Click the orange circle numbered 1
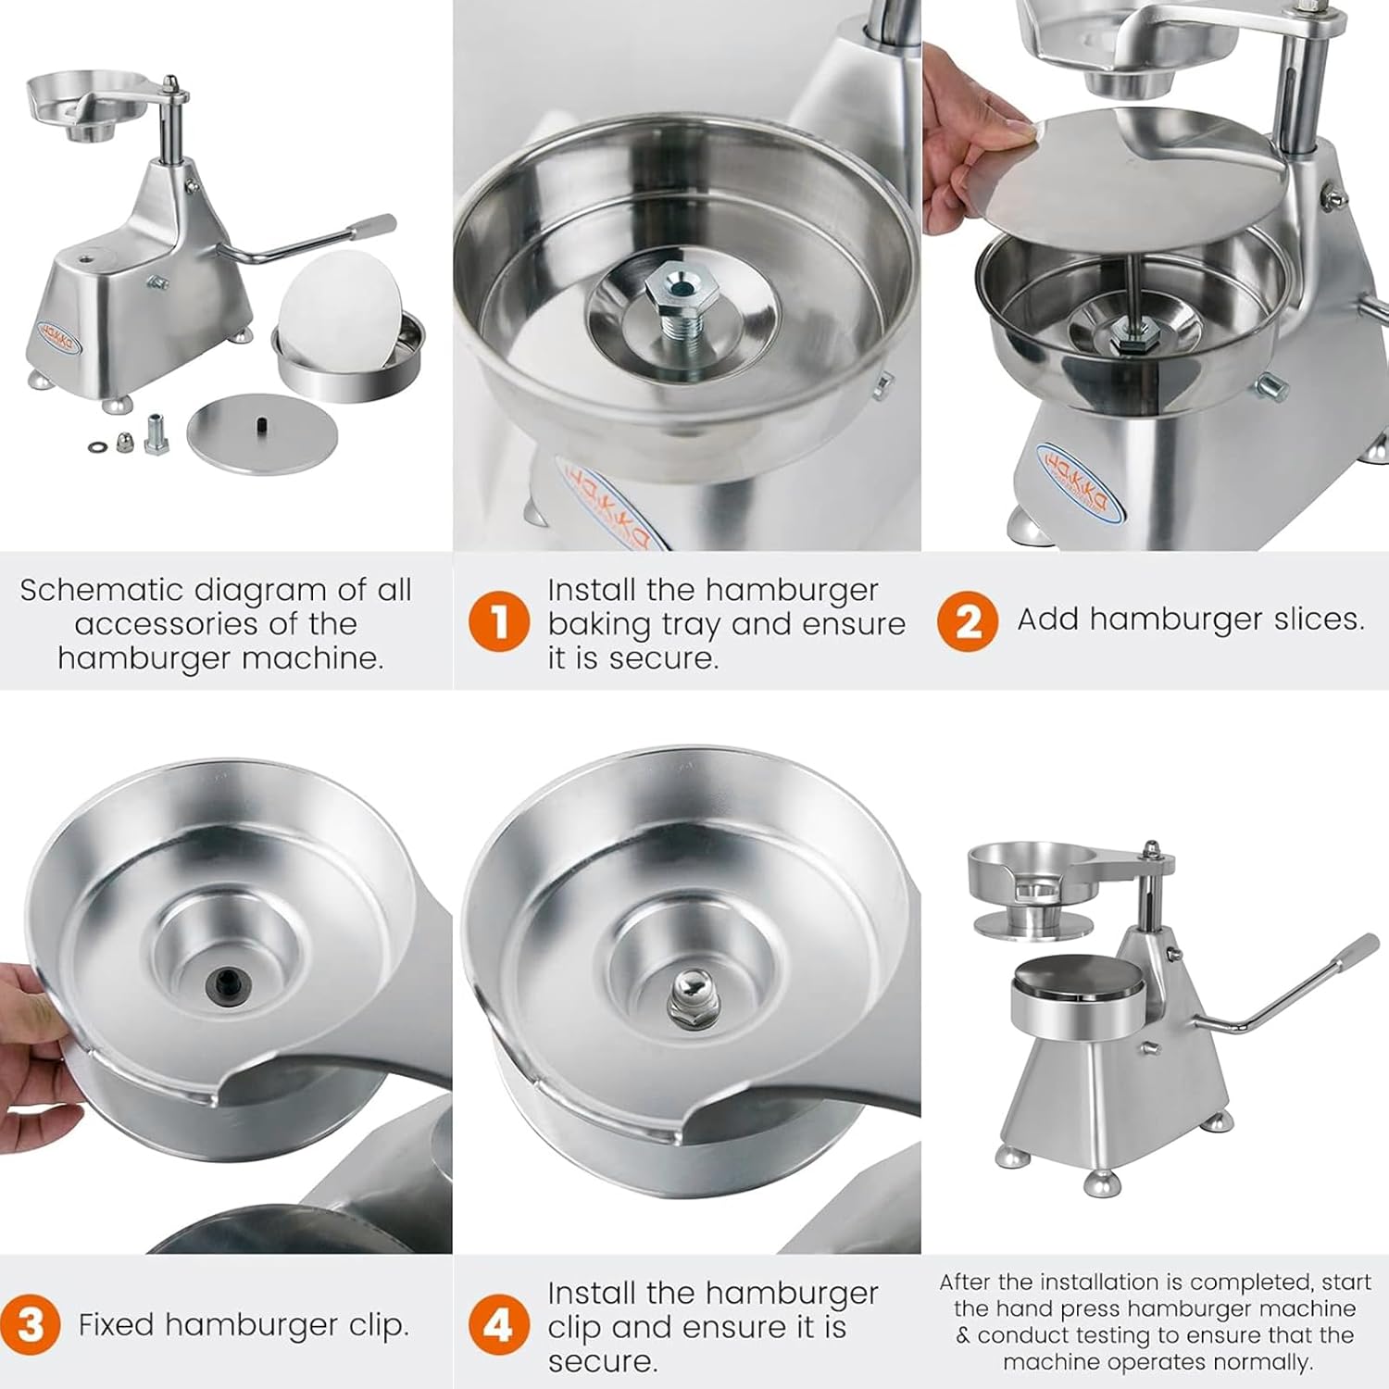click(498, 621)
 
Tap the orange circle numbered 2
click(967, 621)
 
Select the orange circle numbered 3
click(31, 1325)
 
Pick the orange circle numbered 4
click(498, 1325)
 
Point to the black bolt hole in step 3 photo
click(227, 979)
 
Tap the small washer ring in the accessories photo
click(97, 447)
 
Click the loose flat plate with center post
click(262, 432)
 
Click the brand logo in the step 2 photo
click(1078, 482)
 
